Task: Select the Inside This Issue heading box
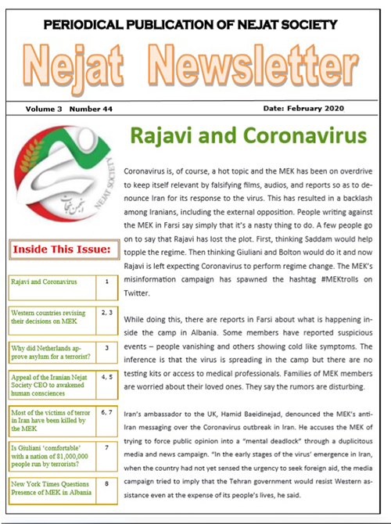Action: pos(60,250)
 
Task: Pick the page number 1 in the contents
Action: pos(107,279)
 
